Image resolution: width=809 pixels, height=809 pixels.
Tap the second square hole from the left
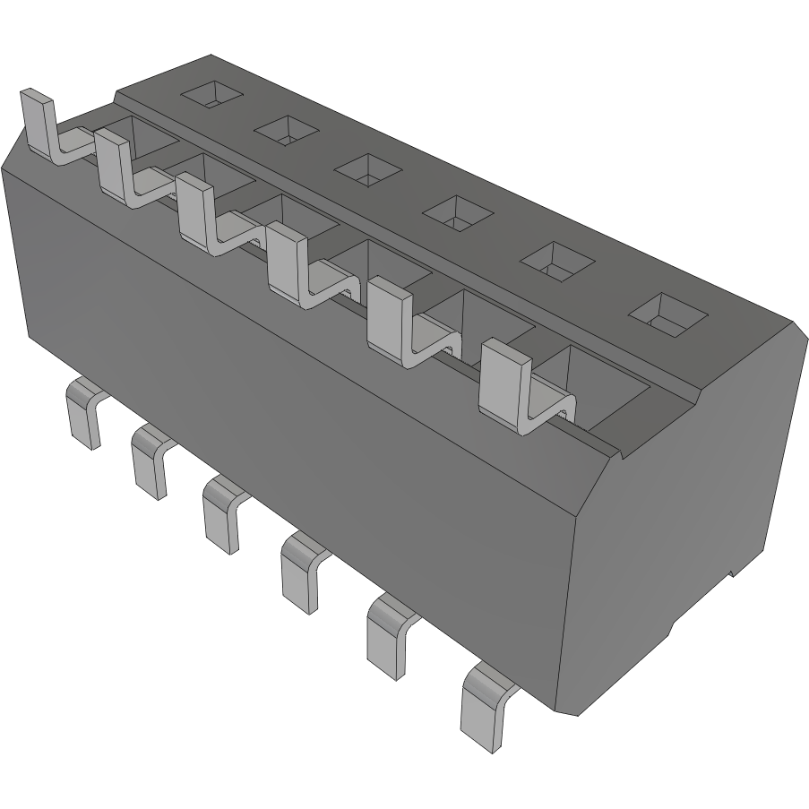287,130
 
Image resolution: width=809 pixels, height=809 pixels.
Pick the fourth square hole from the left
457,212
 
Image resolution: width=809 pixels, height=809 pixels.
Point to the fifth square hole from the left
558,260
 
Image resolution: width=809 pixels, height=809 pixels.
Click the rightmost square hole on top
667,313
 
